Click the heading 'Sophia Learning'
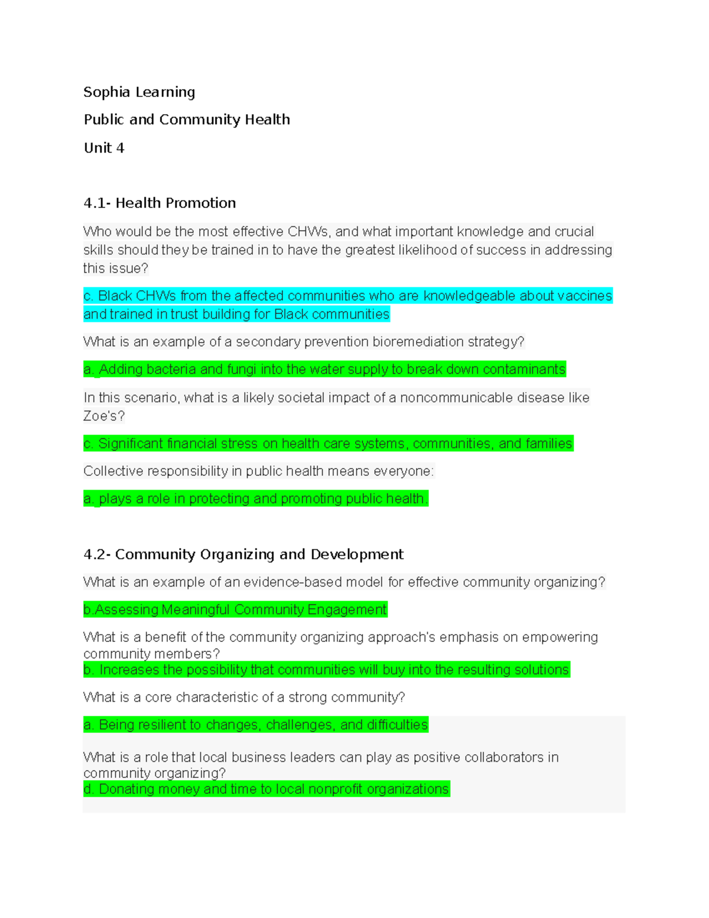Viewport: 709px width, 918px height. pos(139,92)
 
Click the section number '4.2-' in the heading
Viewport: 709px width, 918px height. pos(97,554)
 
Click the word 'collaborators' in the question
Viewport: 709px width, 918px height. pos(478,757)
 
